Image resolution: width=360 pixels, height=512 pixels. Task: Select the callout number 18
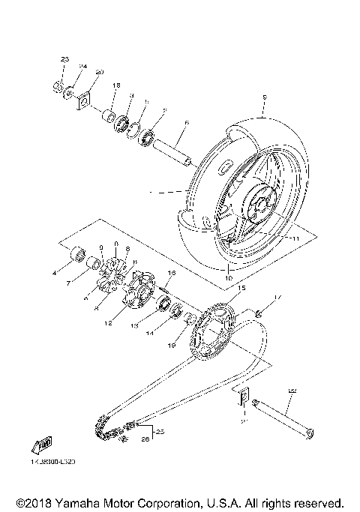tap(116, 86)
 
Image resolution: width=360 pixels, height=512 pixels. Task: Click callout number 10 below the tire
tap(228, 278)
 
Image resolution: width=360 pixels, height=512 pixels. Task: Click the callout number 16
tap(172, 273)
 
